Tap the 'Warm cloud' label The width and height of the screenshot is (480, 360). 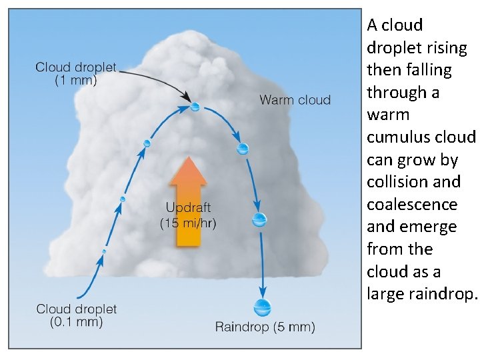295,100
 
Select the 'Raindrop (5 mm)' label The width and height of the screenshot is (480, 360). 265,327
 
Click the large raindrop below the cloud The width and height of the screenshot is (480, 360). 263,307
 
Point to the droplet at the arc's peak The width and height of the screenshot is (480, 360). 195,106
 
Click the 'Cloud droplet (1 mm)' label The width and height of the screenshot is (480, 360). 75,73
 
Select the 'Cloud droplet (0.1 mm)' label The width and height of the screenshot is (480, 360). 76,315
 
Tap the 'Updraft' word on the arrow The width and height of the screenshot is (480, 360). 189,208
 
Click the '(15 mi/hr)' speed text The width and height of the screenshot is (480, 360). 189,223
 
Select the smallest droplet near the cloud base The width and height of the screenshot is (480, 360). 104,251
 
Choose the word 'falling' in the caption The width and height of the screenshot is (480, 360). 427,70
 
